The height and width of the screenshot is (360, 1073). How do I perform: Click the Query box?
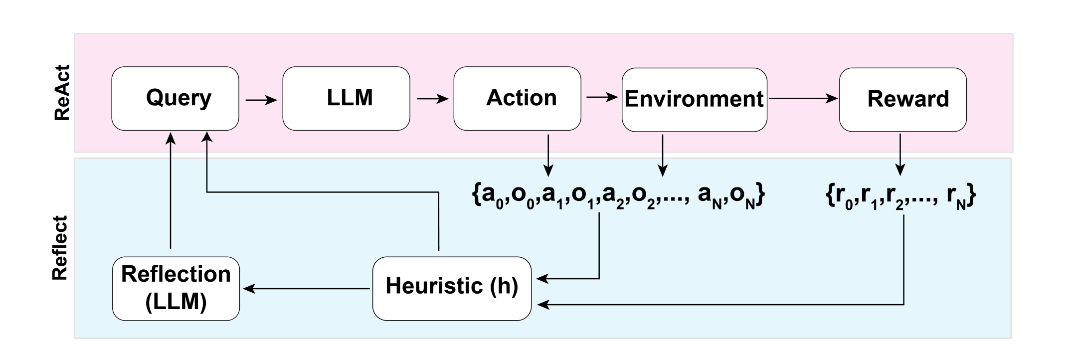[x=175, y=98]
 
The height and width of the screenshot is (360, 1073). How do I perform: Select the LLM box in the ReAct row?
[x=346, y=98]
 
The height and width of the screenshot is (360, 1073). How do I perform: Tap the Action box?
[x=517, y=98]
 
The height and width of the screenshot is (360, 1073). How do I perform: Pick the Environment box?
[x=694, y=99]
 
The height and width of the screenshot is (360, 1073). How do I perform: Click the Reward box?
[x=902, y=99]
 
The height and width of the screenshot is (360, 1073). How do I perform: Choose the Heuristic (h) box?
[x=452, y=288]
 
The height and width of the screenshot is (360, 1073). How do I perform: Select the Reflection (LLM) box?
[x=176, y=288]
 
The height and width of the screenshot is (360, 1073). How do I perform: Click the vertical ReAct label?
[x=62, y=93]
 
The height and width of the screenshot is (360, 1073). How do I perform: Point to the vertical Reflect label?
[x=60, y=248]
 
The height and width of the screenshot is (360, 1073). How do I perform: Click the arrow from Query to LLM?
[x=261, y=100]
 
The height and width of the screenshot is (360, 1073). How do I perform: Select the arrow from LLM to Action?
[x=432, y=99]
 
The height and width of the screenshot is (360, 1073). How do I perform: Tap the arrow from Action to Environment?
[x=602, y=97]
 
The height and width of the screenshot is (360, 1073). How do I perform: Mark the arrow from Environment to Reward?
[x=803, y=99]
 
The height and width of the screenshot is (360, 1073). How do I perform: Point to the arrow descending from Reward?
[x=899, y=155]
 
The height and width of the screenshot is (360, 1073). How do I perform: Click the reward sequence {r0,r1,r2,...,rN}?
[x=900, y=198]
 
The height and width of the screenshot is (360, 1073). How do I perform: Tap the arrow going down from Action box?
[x=548, y=155]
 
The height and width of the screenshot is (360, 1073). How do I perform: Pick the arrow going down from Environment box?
[x=662, y=155]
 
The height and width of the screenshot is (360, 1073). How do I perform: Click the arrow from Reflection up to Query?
[x=171, y=192]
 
